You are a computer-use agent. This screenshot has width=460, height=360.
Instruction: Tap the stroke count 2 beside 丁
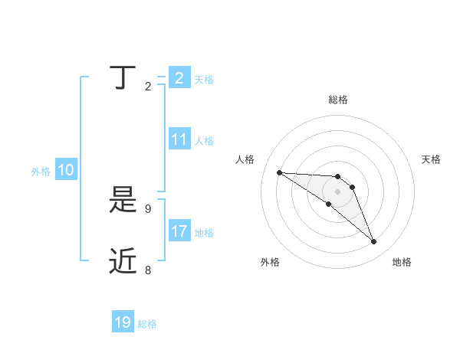(x=148, y=87)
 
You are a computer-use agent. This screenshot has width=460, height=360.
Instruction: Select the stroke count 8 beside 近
(x=148, y=270)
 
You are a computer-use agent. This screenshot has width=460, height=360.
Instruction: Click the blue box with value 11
(x=179, y=139)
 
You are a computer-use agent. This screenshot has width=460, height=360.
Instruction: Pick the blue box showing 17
(x=179, y=231)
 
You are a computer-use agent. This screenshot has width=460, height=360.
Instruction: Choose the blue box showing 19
(x=123, y=322)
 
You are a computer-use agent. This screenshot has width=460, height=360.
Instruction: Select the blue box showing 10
(x=66, y=171)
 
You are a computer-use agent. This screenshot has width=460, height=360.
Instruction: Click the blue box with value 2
(x=179, y=78)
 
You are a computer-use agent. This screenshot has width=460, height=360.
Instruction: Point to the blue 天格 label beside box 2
(x=204, y=80)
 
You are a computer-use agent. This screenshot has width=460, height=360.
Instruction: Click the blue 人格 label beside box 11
(x=204, y=141)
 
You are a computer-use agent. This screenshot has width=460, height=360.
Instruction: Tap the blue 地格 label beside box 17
(x=204, y=233)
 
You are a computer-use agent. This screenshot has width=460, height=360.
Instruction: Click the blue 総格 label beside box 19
(x=147, y=324)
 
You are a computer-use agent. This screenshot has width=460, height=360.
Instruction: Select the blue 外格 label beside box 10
(x=41, y=172)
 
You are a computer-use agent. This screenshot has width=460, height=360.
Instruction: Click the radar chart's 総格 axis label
(x=338, y=100)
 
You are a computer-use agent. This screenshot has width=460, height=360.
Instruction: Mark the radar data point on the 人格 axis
(x=279, y=172)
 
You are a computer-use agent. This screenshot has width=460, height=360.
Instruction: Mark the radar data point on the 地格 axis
(x=374, y=242)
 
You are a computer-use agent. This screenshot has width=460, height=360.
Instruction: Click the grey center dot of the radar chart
(x=338, y=191)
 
